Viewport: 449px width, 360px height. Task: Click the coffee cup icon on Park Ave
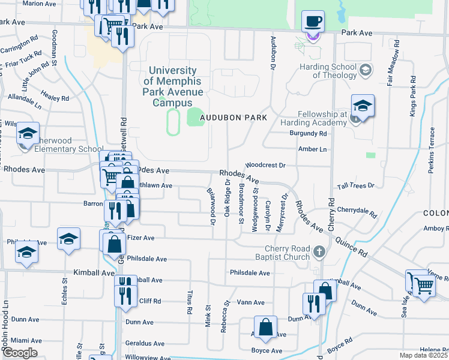click(x=312, y=22)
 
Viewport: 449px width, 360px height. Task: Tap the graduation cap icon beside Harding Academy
click(x=363, y=106)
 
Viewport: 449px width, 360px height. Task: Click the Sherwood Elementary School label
click(x=60, y=145)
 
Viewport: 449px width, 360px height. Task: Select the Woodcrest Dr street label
click(x=265, y=164)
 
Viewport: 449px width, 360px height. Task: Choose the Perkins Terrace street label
click(x=431, y=150)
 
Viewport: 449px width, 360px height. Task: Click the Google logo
click(x=19, y=353)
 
